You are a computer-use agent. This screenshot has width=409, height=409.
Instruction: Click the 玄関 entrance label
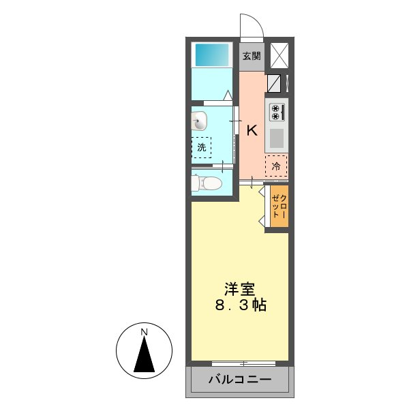coord(251,56)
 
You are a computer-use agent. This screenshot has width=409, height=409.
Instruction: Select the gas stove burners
coord(277,112)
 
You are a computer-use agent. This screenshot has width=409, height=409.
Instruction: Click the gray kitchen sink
coord(277,138)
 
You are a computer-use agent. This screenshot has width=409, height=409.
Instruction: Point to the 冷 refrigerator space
coord(276,166)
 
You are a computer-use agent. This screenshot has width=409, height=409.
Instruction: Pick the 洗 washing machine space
coord(201,147)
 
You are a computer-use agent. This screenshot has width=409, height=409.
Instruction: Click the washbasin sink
coord(200,121)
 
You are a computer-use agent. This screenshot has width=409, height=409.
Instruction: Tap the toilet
coord(207,183)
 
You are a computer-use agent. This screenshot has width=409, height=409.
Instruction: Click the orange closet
coord(279,206)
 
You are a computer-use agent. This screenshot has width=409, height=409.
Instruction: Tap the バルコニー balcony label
coord(240,380)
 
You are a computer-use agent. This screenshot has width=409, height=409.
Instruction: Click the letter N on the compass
coord(144,332)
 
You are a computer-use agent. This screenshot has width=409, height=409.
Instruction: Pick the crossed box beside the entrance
coord(279,55)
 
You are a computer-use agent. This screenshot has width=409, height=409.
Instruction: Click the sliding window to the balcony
coord(239,363)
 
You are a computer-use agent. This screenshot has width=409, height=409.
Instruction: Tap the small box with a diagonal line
coord(274,84)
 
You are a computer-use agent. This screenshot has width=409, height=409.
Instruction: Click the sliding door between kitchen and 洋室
coord(254,181)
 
